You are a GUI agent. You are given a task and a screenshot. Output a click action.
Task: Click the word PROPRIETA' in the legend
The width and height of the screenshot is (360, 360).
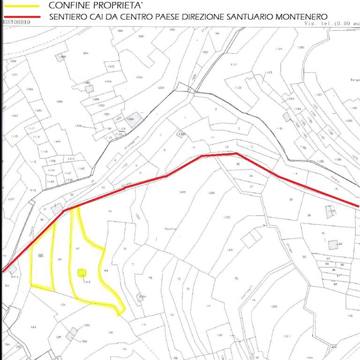[117, 6]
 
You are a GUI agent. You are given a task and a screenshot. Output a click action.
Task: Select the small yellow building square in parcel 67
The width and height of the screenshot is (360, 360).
[82, 272]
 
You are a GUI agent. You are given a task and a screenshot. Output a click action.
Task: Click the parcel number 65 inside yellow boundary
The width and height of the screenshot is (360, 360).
[40, 255]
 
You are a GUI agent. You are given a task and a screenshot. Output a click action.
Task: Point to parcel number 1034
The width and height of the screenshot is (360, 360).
[139, 77]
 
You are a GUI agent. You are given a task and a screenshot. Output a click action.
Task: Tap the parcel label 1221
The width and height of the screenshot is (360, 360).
[161, 88]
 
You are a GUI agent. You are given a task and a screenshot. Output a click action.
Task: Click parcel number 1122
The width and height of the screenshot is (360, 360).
[238, 88]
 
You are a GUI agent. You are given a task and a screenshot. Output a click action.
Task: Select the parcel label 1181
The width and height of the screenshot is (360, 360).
[280, 128]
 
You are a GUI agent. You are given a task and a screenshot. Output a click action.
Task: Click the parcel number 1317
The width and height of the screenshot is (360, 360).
[287, 336]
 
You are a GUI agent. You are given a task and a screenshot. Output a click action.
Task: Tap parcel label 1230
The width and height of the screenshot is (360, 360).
[227, 217]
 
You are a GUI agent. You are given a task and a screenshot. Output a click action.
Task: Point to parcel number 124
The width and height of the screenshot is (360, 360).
[63, 305]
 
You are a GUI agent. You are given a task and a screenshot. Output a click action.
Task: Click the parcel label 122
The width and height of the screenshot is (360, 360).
[33, 327]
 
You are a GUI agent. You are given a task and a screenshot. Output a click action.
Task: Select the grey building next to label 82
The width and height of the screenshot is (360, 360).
[333, 244]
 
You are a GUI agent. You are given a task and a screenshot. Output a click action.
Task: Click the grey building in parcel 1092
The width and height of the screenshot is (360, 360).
[135, 117]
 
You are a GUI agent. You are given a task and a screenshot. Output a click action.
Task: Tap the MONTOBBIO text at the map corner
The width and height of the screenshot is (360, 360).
[17, 22]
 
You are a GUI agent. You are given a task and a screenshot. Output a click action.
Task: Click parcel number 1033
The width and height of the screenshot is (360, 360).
[111, 67]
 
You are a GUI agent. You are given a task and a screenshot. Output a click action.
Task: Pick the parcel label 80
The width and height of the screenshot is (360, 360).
[305, 256]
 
